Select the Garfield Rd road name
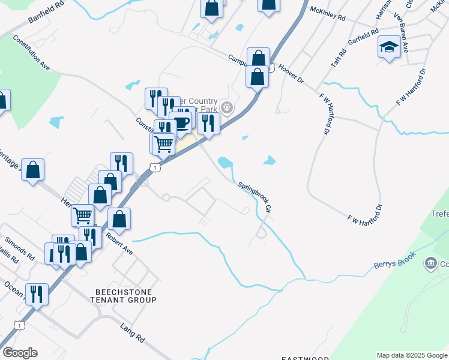point(363,37)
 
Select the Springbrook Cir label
point(256,197)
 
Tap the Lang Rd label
point(133,332)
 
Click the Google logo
point(19,353)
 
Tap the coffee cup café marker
point(180,123)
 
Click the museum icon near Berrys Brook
point(430,263)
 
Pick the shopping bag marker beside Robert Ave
point(119,219)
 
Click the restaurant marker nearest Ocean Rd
point(37,294)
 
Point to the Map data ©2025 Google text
point(411,355)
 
